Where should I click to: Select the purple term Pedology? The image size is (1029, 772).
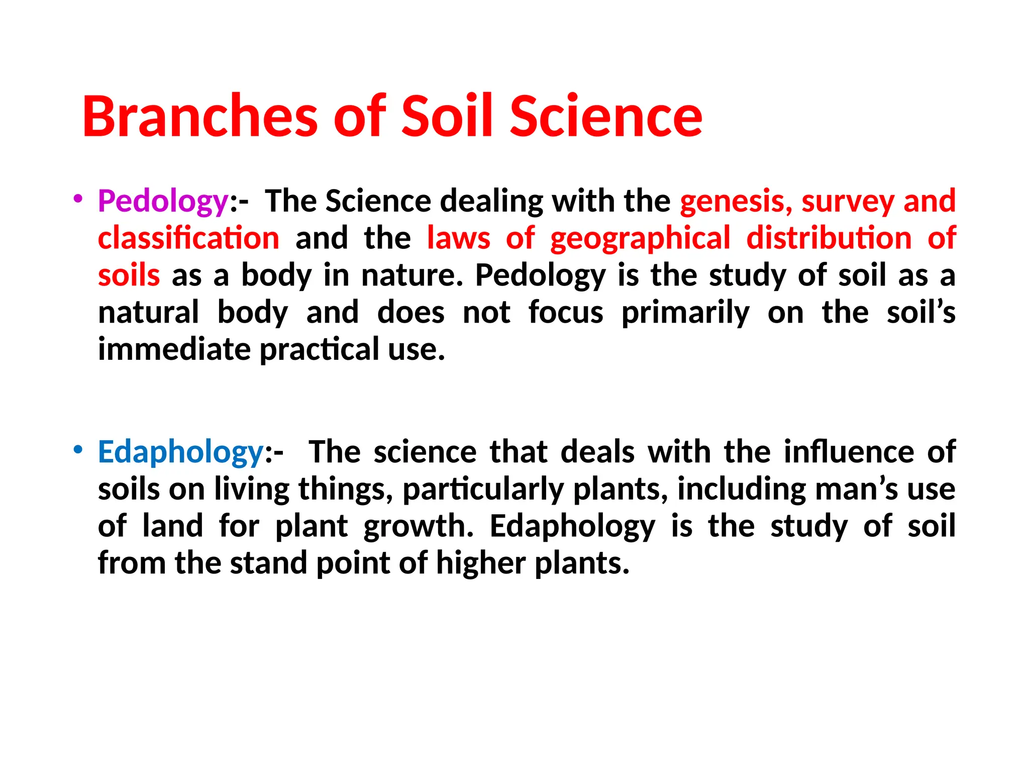point(163,201)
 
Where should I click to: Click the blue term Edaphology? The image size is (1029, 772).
point(181,452)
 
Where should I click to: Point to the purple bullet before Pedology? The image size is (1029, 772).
point(77,198)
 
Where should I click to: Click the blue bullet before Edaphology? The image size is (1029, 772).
point(77,449)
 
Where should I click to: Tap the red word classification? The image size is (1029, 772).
point(188,238)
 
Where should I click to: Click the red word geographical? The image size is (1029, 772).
point(640,238)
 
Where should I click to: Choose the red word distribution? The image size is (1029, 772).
point(829,238)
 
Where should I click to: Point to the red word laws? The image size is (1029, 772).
point(458,238)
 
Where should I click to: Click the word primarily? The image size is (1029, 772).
point(685,313)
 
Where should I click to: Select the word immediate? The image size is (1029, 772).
point(174,349)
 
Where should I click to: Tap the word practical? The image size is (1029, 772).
point(319,350)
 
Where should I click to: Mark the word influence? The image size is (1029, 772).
point(849,451)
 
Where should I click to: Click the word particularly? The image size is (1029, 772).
point(483,489)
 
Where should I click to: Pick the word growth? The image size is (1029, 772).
point(419,526)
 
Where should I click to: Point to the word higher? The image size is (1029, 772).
point(481,563)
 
